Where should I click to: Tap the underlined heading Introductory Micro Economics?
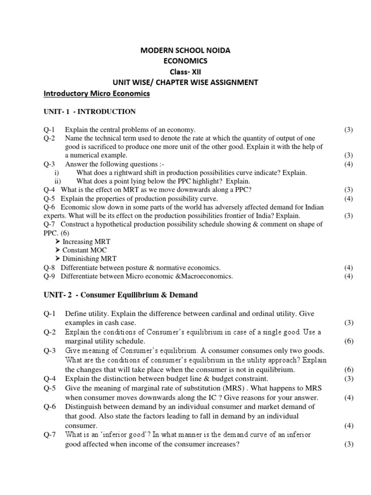pyautogui.click(x=97, y=93)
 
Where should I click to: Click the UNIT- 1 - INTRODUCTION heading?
pyautogui.click(x=89, y=112)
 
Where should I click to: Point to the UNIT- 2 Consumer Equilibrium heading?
pyautogui.click(x=120, y=294)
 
